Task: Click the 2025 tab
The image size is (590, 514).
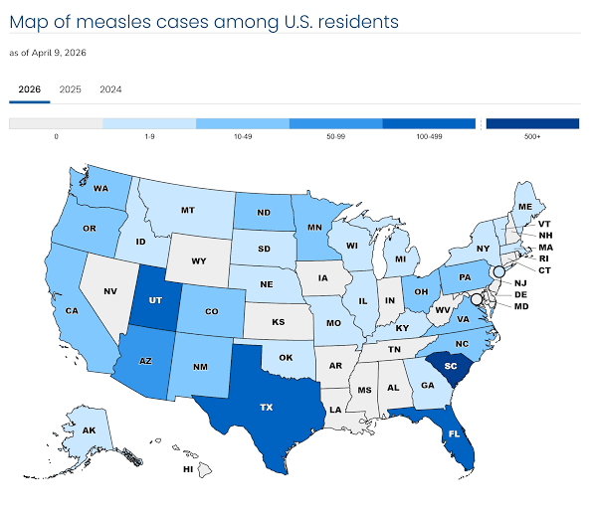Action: [x=70, y=89]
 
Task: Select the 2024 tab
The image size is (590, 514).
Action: [x=110, y=89]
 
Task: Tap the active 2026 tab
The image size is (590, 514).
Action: [x=30, y=89]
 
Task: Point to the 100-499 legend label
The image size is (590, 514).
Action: [x=429, y=135]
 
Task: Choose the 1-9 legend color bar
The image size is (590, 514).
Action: [x=149, y=123]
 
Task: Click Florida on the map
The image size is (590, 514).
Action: [x=454, y=432]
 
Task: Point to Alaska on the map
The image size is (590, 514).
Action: [x=90, y=430]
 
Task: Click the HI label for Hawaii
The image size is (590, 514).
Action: [x=186, y=468]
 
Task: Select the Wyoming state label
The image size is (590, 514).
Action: [x=199, y=262]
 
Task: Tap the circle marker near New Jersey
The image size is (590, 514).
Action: [x=499, y=271]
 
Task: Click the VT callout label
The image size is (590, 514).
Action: [x=543, y=225]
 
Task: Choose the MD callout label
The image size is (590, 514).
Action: [x=520, y=306]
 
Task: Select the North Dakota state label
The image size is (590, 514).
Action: [x=265, y=212]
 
